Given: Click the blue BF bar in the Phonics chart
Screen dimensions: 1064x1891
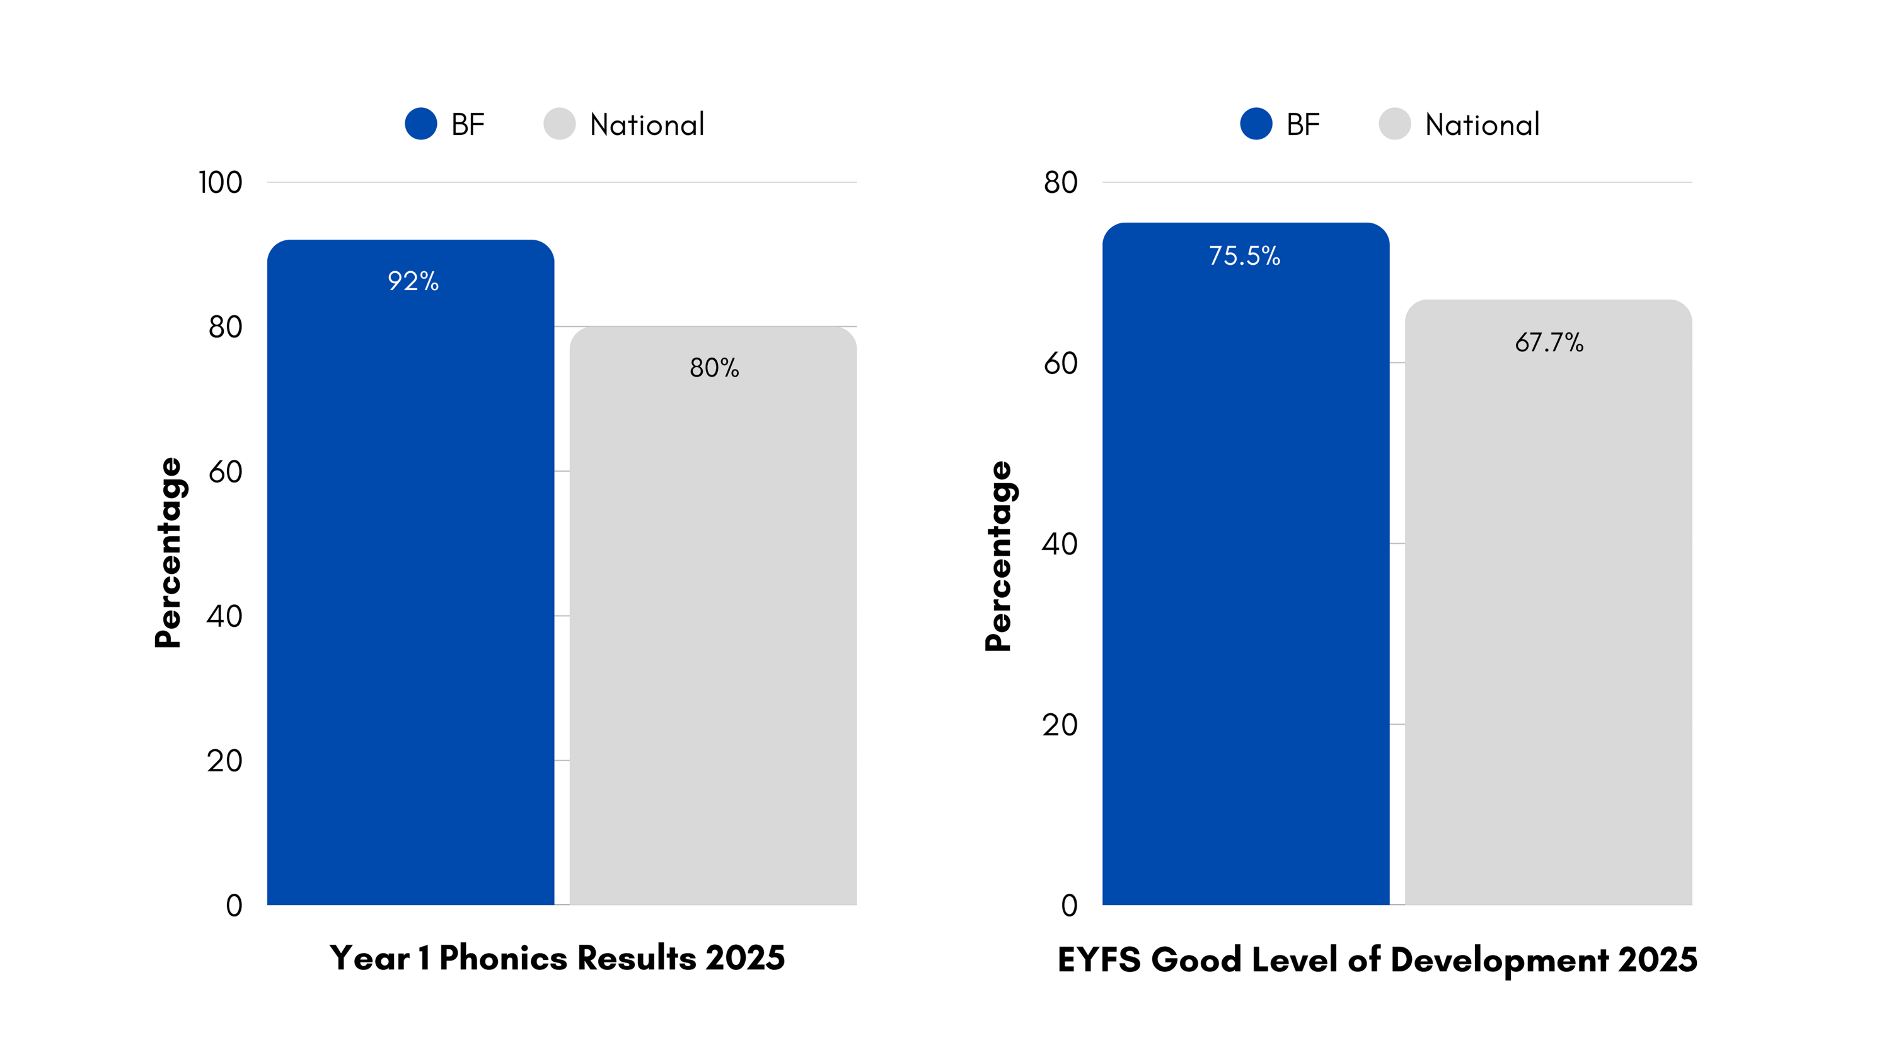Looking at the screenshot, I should pos(410,587).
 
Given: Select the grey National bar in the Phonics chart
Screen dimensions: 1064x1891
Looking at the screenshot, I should pos(713,624).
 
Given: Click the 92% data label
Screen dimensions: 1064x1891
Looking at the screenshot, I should pos(413,281).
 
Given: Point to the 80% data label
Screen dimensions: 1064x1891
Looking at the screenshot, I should pos(714,367).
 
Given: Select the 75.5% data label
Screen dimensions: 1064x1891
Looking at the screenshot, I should pos(1244,255).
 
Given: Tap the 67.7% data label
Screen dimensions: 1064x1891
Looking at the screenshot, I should pos(1549,342).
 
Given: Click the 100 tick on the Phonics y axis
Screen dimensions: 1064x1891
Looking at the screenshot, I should pos(220,182).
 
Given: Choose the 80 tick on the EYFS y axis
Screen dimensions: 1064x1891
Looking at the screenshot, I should pos(1060,182).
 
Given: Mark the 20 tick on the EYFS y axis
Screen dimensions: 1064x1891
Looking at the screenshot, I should pos(1060,725).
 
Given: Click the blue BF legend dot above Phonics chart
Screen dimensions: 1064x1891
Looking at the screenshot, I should pos(420,124).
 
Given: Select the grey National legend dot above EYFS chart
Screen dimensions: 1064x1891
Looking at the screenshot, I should pos(1394,124).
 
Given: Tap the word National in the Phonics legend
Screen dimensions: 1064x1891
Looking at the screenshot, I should pos(647,125).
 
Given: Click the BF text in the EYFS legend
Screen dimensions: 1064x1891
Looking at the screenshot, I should pos(1303,125).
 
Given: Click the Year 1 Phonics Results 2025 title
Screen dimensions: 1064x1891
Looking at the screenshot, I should pos(557,957).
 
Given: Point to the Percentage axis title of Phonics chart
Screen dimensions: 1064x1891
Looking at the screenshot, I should pos(168,552).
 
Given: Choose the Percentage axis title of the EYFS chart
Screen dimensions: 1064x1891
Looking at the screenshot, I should pos(998,556).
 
